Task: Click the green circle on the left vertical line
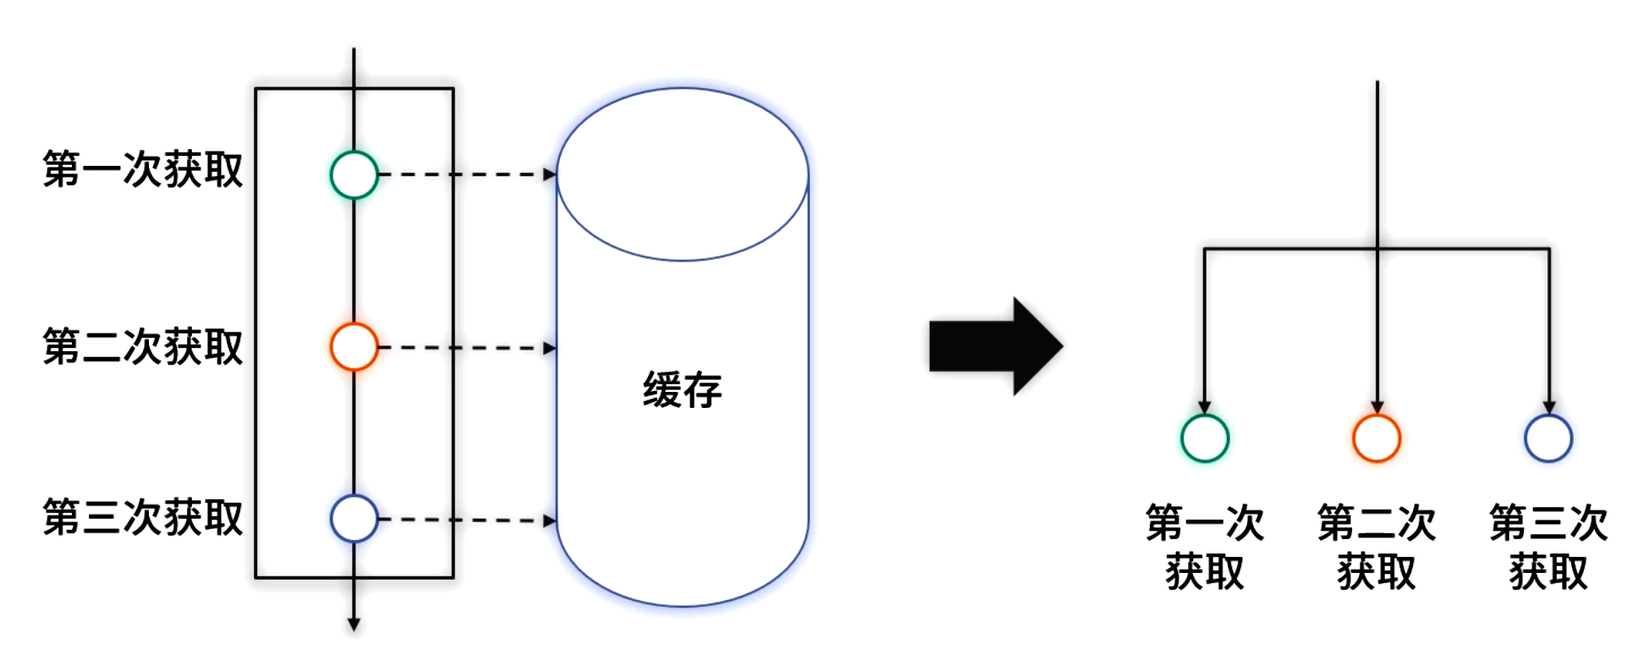pyautogui.click(x=354, y=175)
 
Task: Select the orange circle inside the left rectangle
pyautogui.click(x=354, y=347)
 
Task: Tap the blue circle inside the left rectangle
pyautogui.click(x=354, y=519)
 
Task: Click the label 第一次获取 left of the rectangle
pyautogui.click(x=143, y=169)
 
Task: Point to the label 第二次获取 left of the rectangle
pyautogui.click(x=143, y=347)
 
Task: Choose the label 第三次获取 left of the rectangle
pyautogui.click(x=143, y=518)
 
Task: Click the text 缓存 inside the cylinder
pyautogui.click(x=682, y=390)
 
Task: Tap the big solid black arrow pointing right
pyautogui.click(x=995, y=346)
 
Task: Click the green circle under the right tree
pyautogui.click(x=1205, y=438)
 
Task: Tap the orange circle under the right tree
pyautogui.click(x=1377, y=438)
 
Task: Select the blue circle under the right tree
pyautogui.click(x=1548, y=438)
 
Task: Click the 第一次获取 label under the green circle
pyautogui.click(x=1205, y=547)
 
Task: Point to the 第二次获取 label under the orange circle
pyautogui.click(x=1377, y=547)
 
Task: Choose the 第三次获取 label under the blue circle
pyautogui.click(x=1548, y=547)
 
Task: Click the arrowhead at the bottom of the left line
pyautogui.click(x=354, y=625)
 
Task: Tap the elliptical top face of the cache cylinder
pyautogui.click(x=682, y=174)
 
